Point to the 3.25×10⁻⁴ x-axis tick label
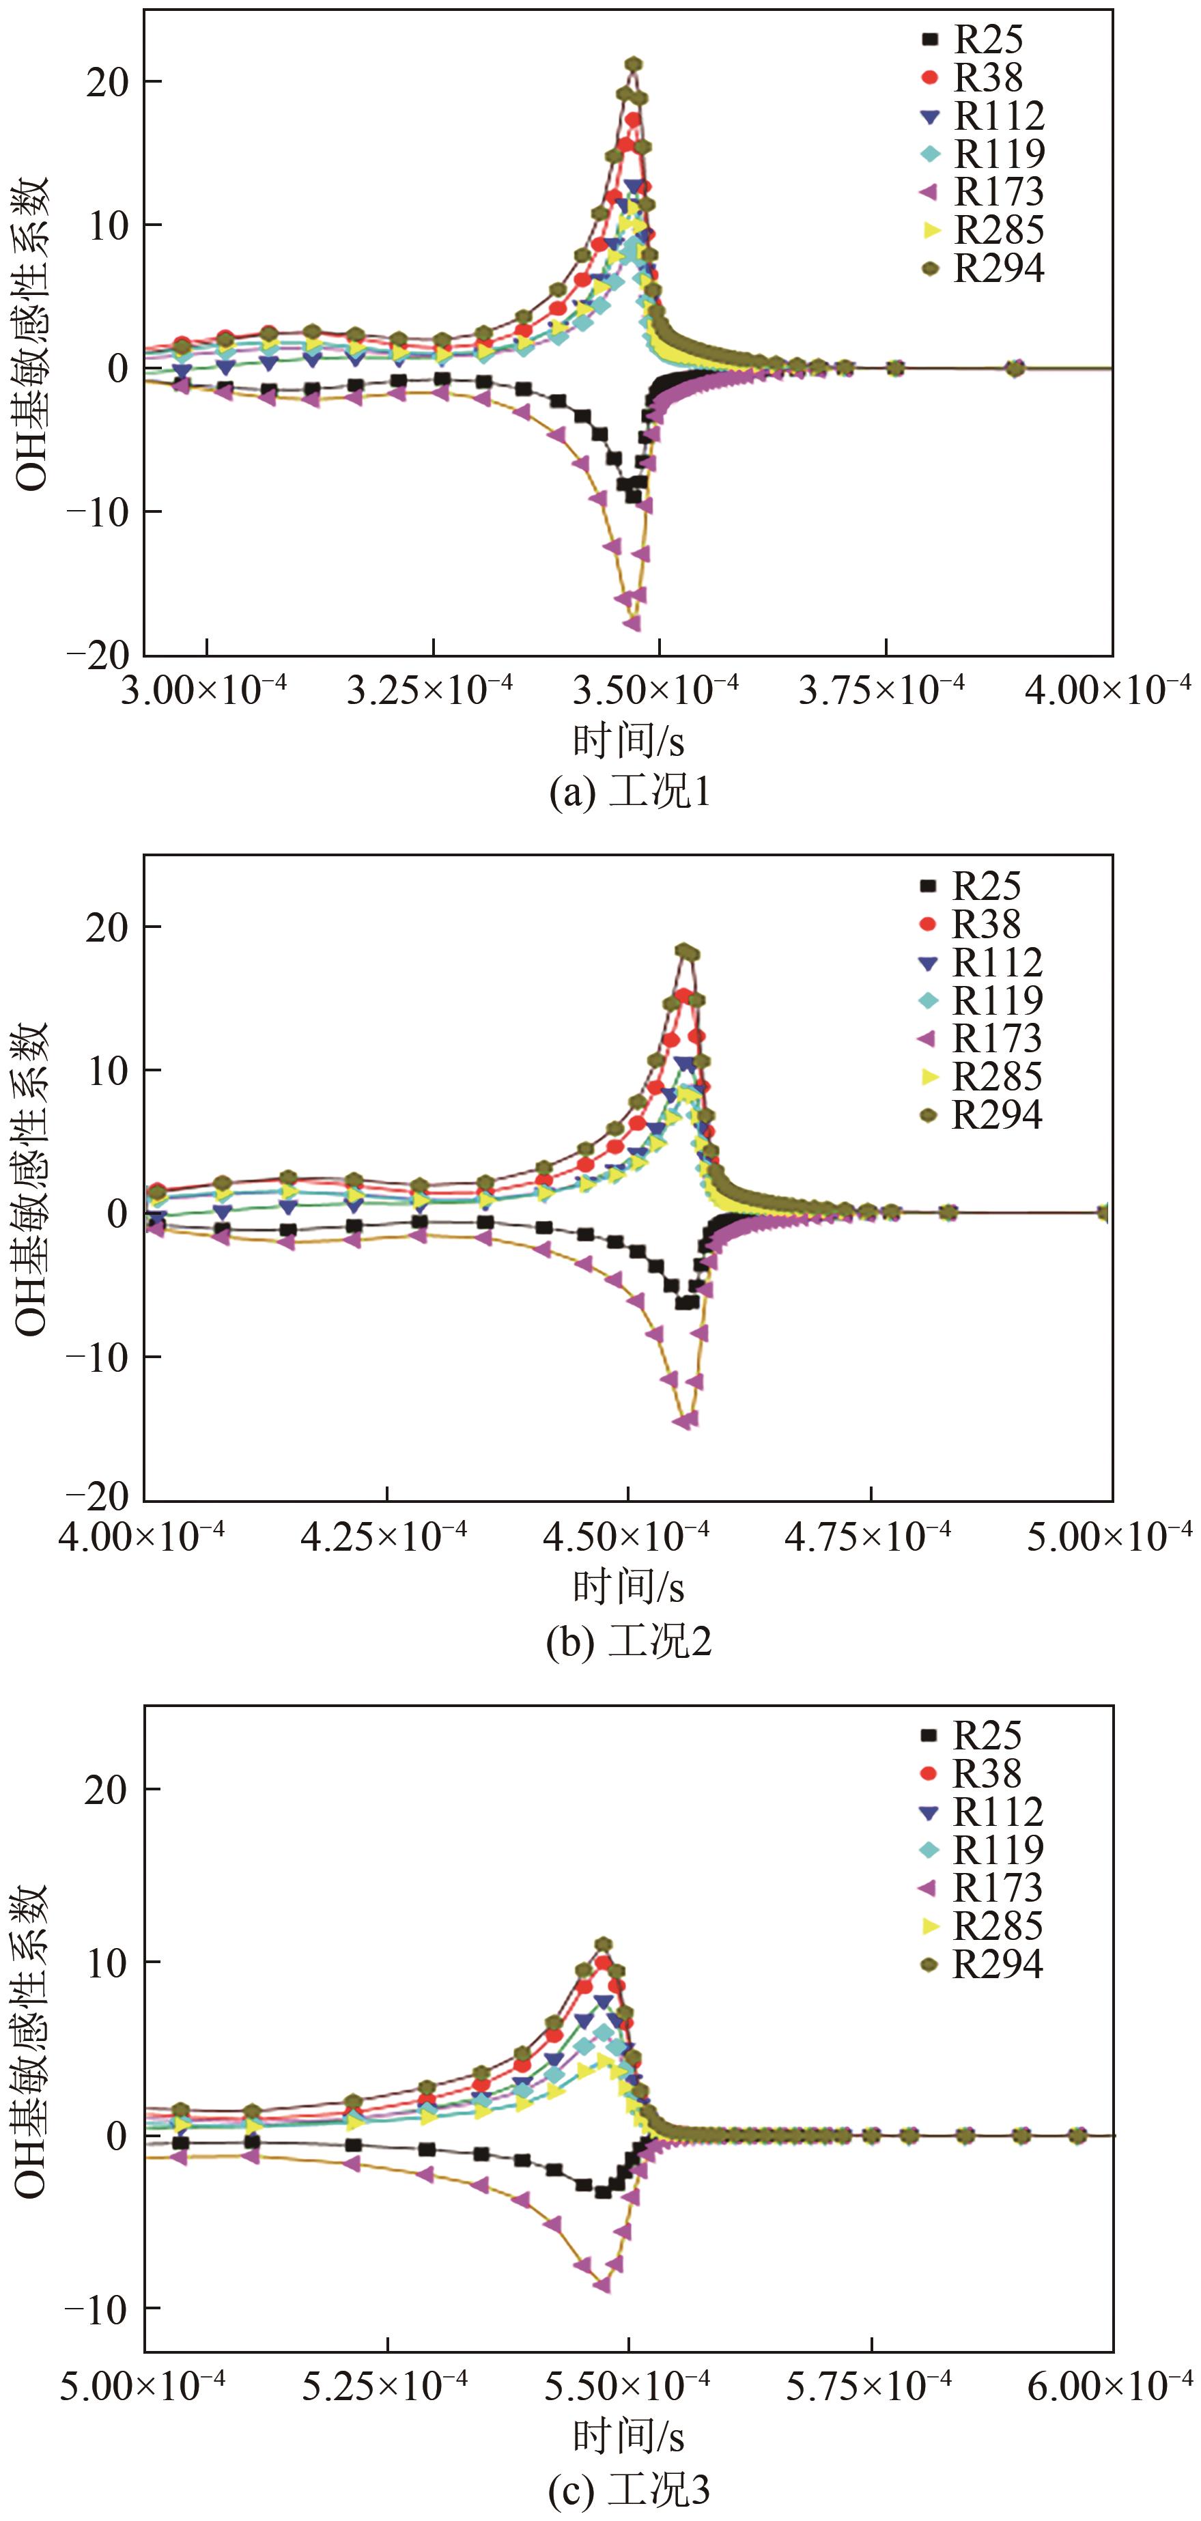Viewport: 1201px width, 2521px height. [x=431, y=690]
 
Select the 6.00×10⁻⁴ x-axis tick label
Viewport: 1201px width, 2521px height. [x=1110, y=2386]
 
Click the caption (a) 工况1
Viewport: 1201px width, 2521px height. [x=630, y=791]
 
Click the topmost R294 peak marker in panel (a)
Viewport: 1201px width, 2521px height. [x=634, y=65]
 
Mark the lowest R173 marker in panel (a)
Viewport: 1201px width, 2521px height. [x=632, y=623]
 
